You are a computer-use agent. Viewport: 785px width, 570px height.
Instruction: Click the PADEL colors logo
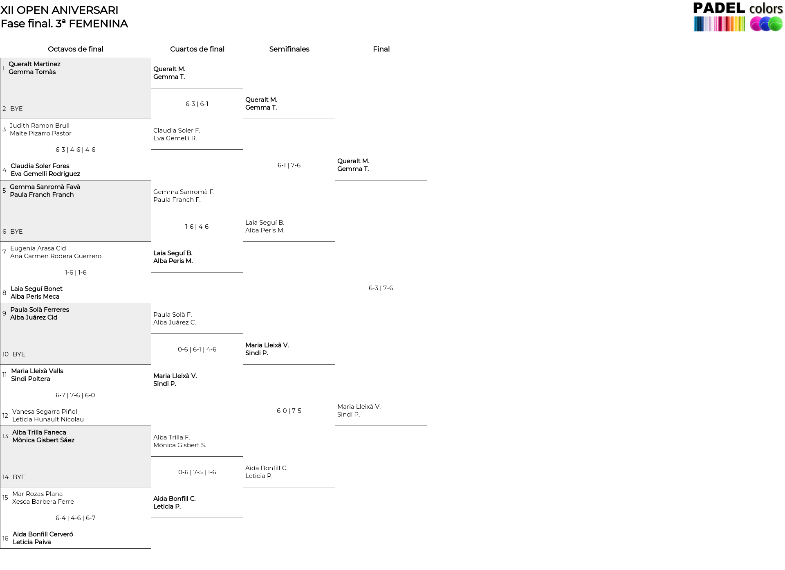pos(738,16)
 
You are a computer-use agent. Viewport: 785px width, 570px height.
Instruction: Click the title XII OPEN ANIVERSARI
pos(60,10)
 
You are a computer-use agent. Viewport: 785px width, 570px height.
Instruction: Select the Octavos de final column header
pos(76,49)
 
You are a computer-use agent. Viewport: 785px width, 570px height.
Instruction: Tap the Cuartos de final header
pos(197,49)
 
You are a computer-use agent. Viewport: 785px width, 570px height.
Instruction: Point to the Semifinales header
pos(289,49)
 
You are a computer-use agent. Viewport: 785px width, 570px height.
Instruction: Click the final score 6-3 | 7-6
pos(381,288)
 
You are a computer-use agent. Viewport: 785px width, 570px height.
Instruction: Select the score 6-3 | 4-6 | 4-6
pos(76,150)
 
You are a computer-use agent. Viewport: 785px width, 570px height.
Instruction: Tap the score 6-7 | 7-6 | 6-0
pos(75,395)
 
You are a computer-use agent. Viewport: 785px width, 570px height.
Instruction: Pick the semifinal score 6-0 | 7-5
pos(289,411)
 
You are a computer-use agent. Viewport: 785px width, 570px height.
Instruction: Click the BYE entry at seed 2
pos(16,109)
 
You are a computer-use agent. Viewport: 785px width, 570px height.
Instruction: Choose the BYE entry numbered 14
pos(19,477)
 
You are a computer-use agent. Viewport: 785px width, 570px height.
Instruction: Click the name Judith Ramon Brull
pos(40,126)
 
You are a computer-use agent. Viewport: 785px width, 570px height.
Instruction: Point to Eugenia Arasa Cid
pos(38,248)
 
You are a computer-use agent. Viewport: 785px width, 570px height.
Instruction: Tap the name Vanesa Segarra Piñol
pos(45,412)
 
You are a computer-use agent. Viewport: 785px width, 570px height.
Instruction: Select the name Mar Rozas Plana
pos(37,494)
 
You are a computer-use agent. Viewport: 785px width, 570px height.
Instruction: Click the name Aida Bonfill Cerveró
pos(43,534)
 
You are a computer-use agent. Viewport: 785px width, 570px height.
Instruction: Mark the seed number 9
pos(4,313)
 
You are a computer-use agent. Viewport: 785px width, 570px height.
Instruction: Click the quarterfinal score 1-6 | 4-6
pos(197,227)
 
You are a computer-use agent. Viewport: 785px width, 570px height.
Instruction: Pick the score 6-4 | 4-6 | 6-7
pos(76,518)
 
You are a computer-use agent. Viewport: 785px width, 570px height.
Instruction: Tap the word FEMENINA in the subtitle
pos(98,24)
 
